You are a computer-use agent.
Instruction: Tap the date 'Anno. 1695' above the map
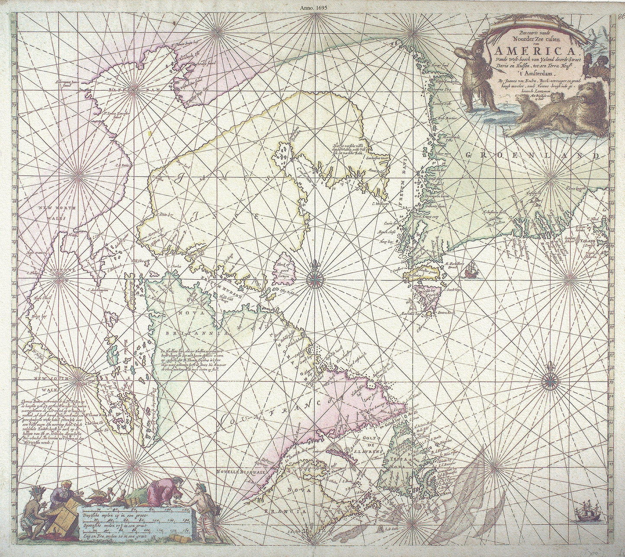[313, 7]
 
